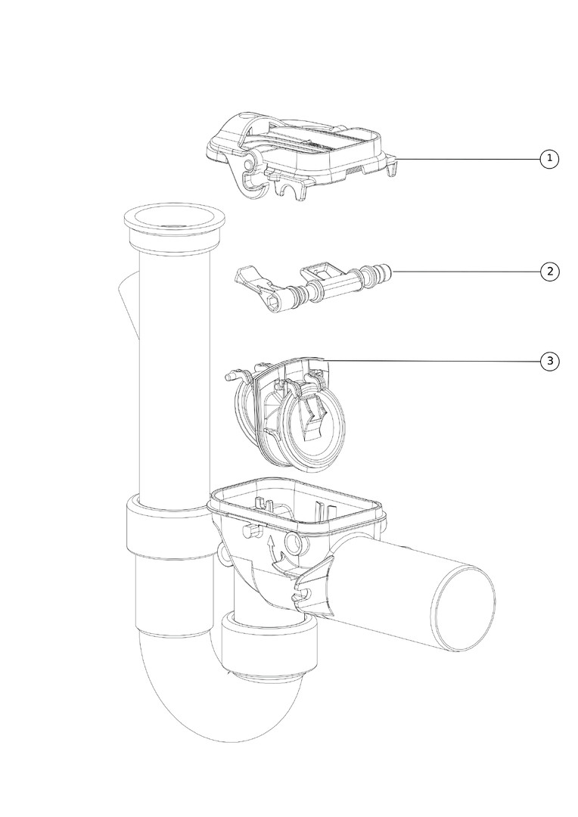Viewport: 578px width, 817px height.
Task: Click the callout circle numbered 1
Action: click(549, 158)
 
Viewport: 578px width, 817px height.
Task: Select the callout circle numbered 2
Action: click(549, 272)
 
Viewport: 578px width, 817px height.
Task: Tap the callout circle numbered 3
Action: click(549, 361)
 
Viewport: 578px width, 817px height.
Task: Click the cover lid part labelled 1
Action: click(303, 154)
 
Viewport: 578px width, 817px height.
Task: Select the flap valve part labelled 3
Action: click(284, 415)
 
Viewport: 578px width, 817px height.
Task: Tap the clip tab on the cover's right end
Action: click(393, 166)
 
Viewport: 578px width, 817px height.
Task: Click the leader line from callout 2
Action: click(467, 272)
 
